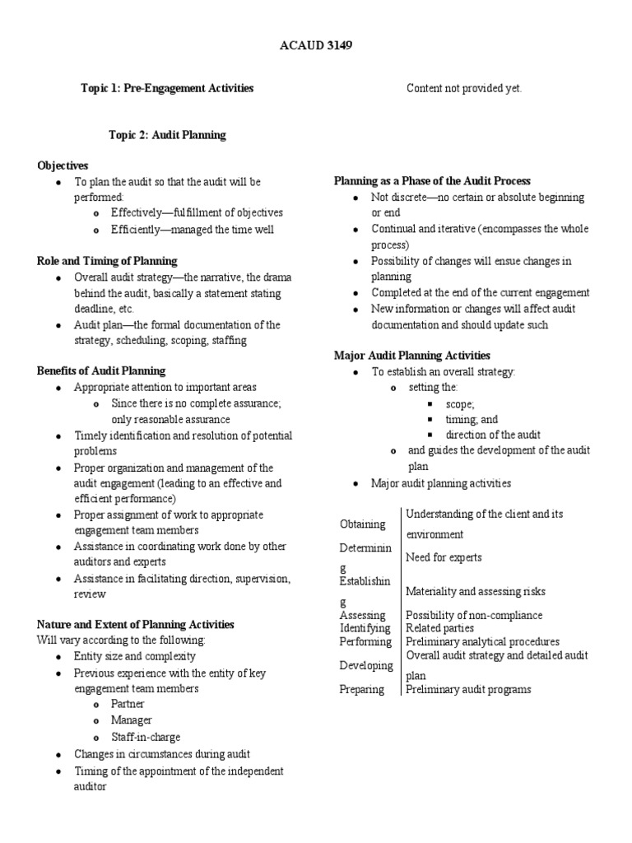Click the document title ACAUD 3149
point(317,46)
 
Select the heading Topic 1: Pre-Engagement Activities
point(166,88)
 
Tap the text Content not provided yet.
point(464,88)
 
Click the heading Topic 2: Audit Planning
point(167,134)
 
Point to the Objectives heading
point(63,165)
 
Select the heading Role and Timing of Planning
point(107,261)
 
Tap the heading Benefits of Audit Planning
point(101,371)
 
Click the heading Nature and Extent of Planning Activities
point(135,625)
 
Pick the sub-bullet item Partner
point(128,704)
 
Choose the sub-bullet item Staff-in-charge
point(146,737)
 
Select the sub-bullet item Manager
point(132,720)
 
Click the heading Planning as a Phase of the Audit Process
point(432,181)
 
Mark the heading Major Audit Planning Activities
point(411,356)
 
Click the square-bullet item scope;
point(460,403)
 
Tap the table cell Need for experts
point(444,557)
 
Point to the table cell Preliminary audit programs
point(468,689)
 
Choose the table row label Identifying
point(365,628)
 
